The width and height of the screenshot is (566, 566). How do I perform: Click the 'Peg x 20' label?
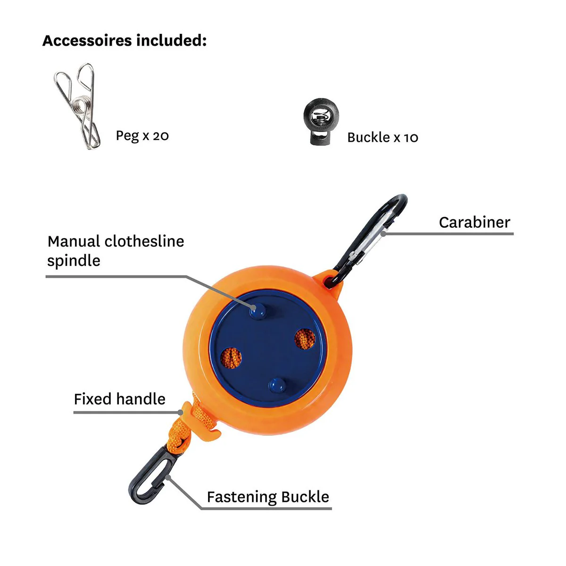pos(142,136)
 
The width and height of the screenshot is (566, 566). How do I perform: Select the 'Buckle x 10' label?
pos(383,137)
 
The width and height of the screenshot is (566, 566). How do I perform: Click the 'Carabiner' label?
pos(474,222)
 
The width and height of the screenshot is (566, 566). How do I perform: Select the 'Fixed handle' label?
pos(119,399)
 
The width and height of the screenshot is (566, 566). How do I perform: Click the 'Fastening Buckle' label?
pos(268,497)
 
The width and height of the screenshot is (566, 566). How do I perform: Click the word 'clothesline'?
pos(144,241)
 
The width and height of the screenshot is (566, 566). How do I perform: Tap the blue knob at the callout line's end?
pos(258,311)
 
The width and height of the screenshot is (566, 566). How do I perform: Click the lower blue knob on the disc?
pos(277,385)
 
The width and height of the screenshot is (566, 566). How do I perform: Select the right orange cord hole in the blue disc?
pos(305,339)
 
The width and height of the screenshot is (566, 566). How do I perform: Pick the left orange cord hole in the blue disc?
pos(231,358)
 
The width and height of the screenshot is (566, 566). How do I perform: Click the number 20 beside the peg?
pos(161,136)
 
